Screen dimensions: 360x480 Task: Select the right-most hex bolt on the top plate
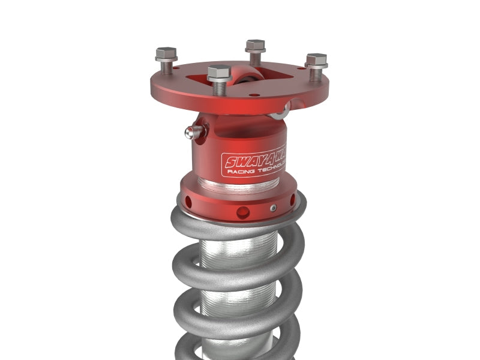coord(316,60)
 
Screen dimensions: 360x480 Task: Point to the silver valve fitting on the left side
coord(193,131)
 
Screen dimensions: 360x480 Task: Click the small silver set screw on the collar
coord(274,208)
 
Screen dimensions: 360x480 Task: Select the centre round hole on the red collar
coord(243,212)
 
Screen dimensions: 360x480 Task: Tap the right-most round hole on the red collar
coord(292,201)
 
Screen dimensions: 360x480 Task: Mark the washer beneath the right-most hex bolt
coord(316,67)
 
